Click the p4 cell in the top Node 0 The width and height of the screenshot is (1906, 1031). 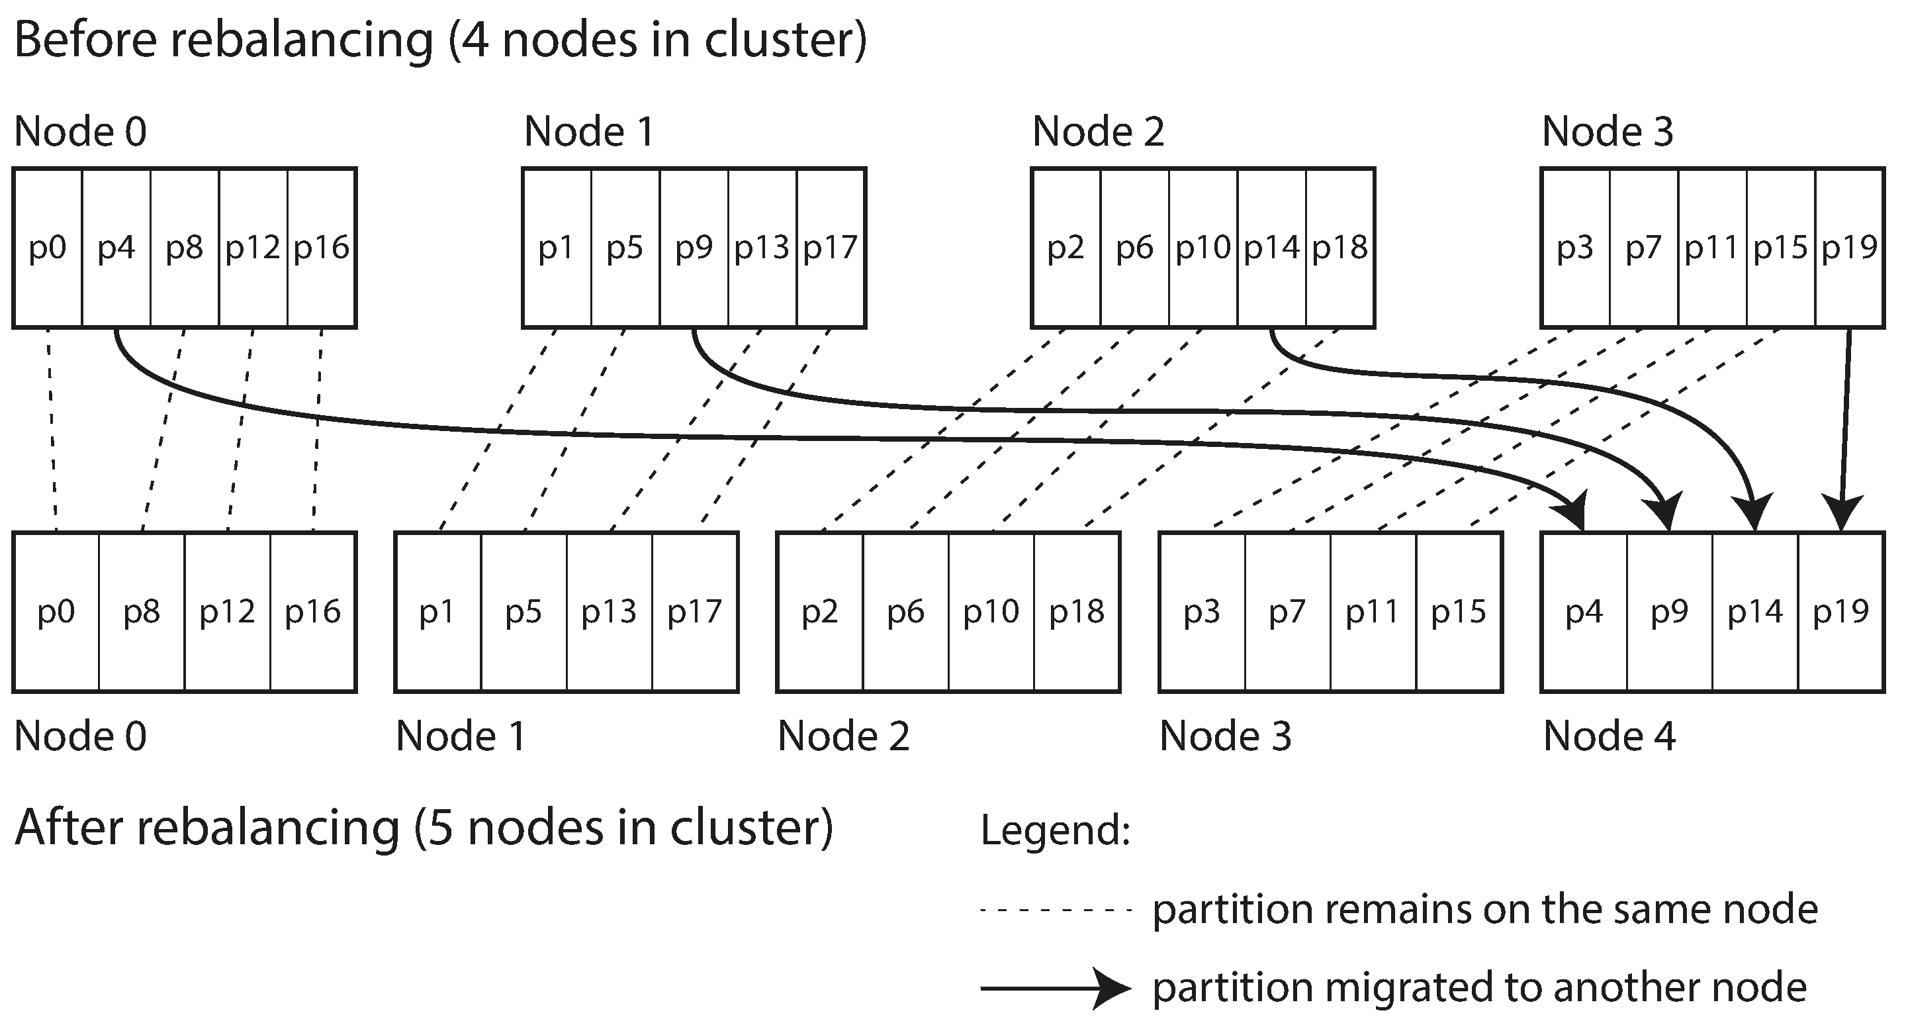(x=116, y=248)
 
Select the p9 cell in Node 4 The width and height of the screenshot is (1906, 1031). (x=1669, y=612)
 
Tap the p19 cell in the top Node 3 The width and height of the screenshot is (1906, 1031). (x=1849, y=248)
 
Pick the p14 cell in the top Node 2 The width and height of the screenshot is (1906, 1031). (x=1271, y=248)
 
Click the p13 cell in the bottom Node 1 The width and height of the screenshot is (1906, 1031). (x=609, y=612)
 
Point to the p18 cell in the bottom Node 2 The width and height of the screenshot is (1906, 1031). (x=1077, y=612)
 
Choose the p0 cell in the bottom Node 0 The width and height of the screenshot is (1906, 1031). (x=56, y=612)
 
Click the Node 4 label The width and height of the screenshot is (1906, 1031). (x=1609, y=736)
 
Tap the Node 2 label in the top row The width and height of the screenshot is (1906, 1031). (x=1098, y=132)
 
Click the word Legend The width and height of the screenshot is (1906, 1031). (x=1055, y=830)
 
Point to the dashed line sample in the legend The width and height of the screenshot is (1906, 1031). (x=1056, y=910)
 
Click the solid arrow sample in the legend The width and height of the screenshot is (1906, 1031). (x=1056, y=988)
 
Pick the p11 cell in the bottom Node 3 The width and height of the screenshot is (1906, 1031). (x=1373, y=612)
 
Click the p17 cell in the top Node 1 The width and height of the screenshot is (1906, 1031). (x=830, y=248)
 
